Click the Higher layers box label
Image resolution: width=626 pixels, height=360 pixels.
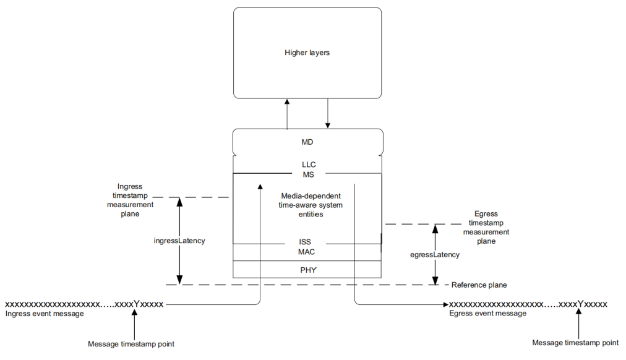307,53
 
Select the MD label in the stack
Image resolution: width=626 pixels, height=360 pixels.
307,142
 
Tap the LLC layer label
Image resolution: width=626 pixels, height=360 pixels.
309,165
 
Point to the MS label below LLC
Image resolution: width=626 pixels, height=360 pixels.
309,174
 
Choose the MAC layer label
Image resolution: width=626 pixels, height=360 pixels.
307,252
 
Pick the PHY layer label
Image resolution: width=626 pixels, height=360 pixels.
307,270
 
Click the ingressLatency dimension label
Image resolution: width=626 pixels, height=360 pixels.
179,241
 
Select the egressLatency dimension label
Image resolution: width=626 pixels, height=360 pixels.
435,254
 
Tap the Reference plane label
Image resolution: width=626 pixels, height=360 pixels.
479,285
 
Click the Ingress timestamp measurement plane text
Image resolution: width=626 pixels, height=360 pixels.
131,200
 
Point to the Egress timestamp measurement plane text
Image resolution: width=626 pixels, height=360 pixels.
487,227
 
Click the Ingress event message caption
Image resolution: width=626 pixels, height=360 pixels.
44,314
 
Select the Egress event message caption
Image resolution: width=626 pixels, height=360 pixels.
487,314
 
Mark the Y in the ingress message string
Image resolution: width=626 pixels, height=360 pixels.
135,304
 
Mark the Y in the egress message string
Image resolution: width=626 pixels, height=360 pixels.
580,304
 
